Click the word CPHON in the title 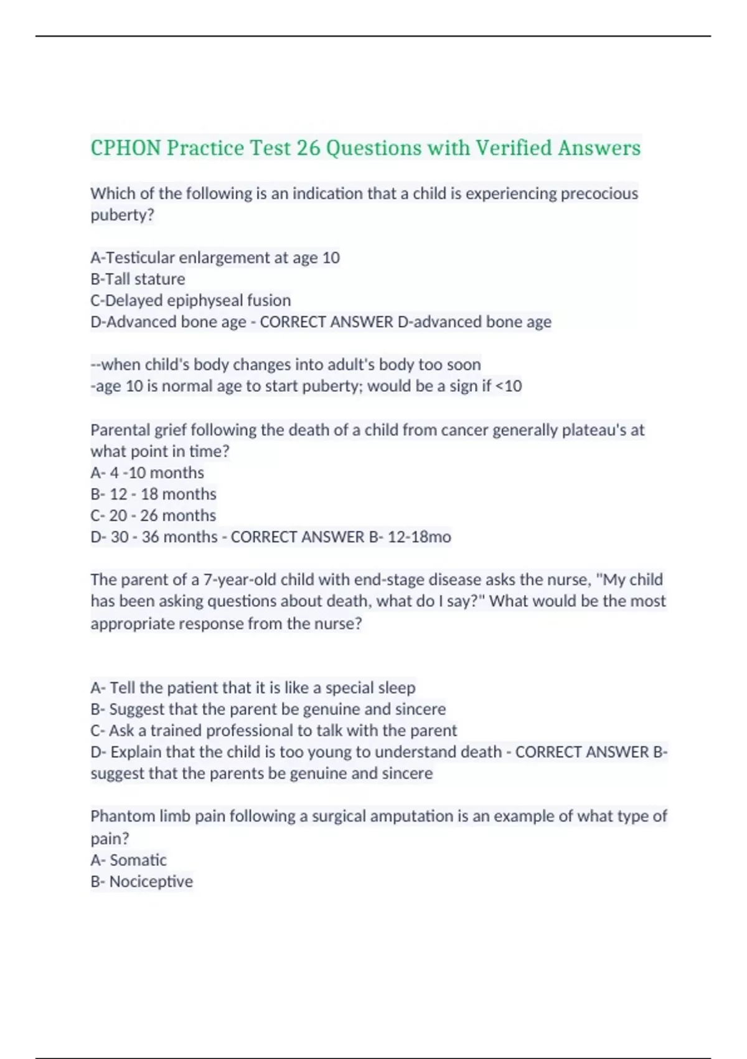pos(126,148)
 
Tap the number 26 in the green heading pos(308,148)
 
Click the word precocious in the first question pos(599,194)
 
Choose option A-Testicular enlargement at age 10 pos(215,258)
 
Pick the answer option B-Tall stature pos(138,279)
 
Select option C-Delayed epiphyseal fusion pos(190,300)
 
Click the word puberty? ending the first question pos(122,215)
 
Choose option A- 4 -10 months pos(147,473)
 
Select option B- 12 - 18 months pos(153,494)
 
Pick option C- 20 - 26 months pos(153,515)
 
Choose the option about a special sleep pos(253,688)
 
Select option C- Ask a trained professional pos(273,730)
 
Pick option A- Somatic pos(128,860)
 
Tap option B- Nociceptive pos(141,881)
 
